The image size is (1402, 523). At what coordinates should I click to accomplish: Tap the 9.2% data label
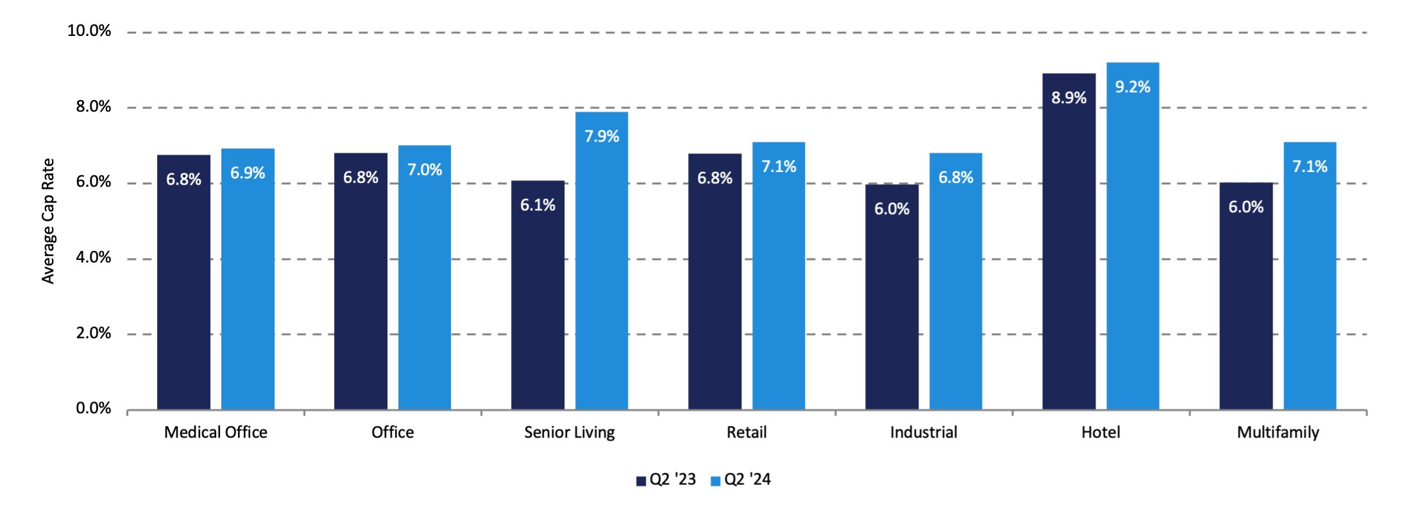1133,87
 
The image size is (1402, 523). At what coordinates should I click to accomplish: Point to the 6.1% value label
537,205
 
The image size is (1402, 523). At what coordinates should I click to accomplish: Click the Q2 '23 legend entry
666,480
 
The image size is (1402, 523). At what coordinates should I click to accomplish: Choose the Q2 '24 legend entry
741,480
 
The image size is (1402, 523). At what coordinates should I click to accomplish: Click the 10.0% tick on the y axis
89,31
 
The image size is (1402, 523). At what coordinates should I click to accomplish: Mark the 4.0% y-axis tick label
93,258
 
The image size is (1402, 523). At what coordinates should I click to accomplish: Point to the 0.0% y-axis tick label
93,409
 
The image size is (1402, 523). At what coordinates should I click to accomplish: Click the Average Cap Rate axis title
48,221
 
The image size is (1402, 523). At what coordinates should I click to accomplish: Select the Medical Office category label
215,433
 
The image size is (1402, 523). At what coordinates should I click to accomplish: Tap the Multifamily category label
1278,433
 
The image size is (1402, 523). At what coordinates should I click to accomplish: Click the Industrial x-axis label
924,433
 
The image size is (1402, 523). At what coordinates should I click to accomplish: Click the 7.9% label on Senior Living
602,137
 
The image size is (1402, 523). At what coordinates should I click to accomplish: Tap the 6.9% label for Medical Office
248,173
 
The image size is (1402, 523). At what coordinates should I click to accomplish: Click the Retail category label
747,433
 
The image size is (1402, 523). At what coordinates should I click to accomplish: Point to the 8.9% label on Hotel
1068,98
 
